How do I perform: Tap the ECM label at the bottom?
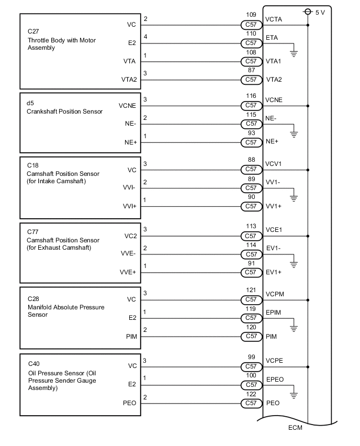(x=296, y=427)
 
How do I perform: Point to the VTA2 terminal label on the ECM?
(x=274, y=80)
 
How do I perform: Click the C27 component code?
(x=32, y=31)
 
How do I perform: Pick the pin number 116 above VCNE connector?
(x=251, y=96)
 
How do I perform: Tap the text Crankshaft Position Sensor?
(x=65, y=111)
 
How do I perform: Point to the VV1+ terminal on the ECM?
(x=274, y=206)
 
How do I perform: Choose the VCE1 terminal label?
(x=274, y=230)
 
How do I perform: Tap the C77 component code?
(x=32, y=231)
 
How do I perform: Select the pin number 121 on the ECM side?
(x=251, y=290)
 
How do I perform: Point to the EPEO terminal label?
(x=275, y=375)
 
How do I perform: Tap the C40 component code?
(x=32, y=363)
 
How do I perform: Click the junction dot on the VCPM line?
(x=308, y=300)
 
